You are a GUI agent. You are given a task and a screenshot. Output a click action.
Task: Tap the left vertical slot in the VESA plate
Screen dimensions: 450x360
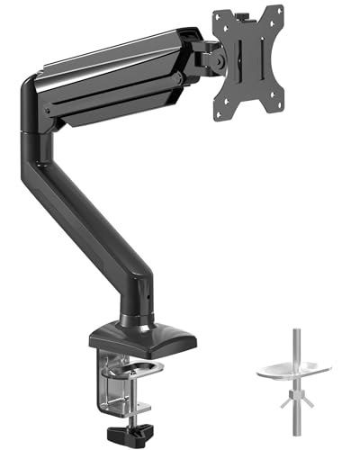237,64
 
